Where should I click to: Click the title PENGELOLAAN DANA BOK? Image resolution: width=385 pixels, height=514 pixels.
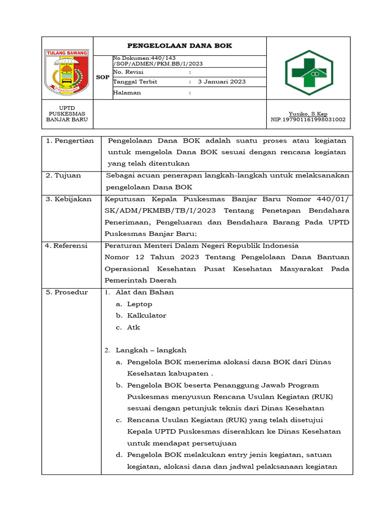(179, 46)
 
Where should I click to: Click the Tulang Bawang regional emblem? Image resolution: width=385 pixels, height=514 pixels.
(67, 71)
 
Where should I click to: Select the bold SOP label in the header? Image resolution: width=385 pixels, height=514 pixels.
(102, 78)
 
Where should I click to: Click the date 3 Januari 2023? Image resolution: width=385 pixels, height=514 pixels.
(222, 81)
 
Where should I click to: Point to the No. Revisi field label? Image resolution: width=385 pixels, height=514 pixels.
(128, 72)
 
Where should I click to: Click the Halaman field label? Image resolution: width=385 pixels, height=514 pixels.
(127, 92)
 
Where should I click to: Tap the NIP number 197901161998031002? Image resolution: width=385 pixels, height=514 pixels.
(308, 119)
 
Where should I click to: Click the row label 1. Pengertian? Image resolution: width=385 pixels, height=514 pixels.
(70, 141)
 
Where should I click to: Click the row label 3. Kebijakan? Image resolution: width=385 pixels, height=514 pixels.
(68, 199)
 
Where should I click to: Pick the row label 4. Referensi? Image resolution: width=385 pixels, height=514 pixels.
(66, 245)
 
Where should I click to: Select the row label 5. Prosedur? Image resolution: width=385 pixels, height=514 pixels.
(67, 292)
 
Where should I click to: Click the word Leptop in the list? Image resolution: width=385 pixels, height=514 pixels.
(139, 304)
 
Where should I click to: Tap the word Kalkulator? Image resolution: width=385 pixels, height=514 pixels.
(146, 315)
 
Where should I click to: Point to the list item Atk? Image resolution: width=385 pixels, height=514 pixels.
(133, 327)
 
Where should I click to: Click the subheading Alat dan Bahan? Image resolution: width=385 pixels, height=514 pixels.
(144, 292)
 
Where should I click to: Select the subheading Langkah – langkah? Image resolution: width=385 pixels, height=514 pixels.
(151, 350)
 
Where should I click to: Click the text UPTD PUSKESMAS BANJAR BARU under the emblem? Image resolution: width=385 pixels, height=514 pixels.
(67, 114)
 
